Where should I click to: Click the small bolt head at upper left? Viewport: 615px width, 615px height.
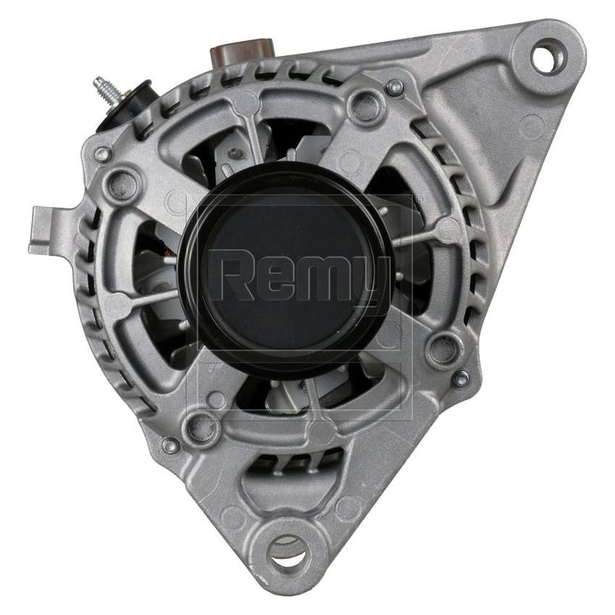click(x=103, y=154)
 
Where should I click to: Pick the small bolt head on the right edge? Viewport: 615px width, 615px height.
click(x=461, y=378)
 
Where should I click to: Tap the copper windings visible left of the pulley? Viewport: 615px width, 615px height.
click(x=167, y=253)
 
